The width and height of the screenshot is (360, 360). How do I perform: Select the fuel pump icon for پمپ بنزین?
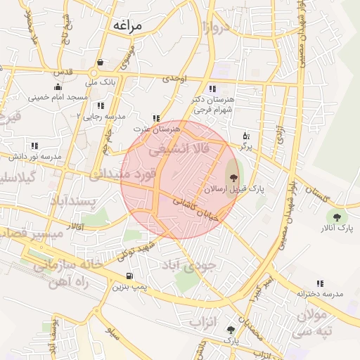129,276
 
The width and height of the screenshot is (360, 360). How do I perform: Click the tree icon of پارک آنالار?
337,217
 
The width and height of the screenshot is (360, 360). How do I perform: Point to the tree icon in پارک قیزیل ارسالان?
233,179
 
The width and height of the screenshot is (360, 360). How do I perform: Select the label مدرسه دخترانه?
320,293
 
